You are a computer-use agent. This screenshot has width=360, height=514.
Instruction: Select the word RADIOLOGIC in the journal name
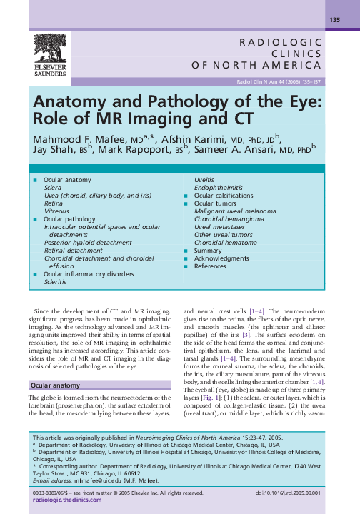[x=281, y=41]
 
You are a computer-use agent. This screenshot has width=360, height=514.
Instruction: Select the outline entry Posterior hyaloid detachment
[x=88, y=242]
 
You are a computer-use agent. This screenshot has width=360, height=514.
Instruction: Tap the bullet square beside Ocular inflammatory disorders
[x=34, y=273]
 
